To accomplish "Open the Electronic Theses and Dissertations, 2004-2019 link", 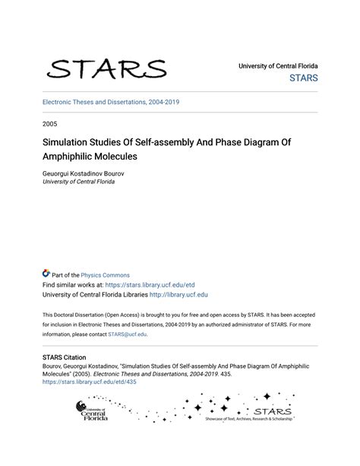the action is pos(111,102).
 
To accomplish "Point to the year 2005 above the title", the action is pos(51,122).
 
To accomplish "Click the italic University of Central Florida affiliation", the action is pos(84,182).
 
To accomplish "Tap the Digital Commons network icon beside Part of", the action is pos(46,274).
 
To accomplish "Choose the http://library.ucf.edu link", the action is pos(178,295).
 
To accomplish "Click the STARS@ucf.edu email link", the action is pos(128,334).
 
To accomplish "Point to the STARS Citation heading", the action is pos(65,357).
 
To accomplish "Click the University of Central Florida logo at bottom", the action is pos(92,411).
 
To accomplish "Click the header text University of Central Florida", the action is pos(278,66).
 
